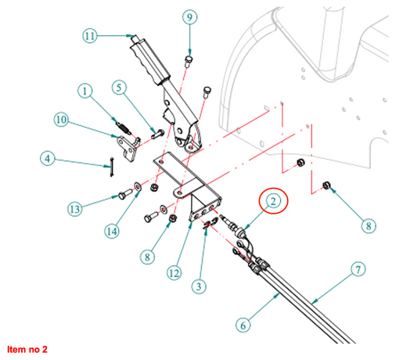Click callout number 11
coord(90,36)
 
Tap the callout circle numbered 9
coord(189,17)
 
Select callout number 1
coord(85,92)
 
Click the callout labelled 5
coord(119,88)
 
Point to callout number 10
coord(61,120)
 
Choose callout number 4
coord(48,159)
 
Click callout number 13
coord(75,209)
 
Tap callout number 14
coord(112,231)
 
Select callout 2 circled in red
coord(273,201)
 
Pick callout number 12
coord(174,273)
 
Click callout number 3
coord(199,286)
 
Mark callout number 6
coord(243,325)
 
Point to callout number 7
coord(358,269)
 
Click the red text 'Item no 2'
coord(27,349)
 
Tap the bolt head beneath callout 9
coord(189,61)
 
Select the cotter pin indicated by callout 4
coord(112,167)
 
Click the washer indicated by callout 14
coord(138,186)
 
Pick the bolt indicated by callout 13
coord(125,194)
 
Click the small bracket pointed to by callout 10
coord(128,149)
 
